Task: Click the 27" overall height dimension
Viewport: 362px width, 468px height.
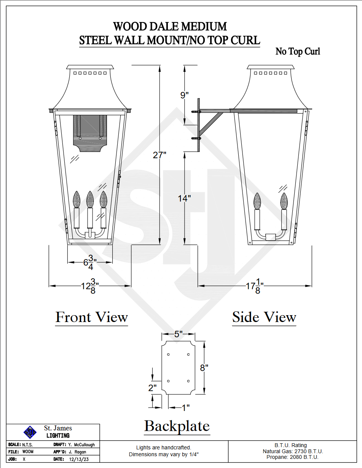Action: [x=160, y=155]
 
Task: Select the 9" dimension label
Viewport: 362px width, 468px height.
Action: [x=184, y=95]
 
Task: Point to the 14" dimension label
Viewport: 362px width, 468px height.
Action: [x=184, y=198]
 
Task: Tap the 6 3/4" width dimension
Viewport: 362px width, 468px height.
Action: [x=90, y=262]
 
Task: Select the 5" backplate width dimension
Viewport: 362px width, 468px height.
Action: [x=178, y=334]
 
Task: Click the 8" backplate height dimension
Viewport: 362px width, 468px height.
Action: [x=204, y=368]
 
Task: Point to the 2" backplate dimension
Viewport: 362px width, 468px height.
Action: [x=152, y=388]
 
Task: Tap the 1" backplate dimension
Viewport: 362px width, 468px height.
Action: [x=185, y=408]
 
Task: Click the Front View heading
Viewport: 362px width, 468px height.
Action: [x=91, y=317]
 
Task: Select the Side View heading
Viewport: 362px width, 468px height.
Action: [x=264, y=317]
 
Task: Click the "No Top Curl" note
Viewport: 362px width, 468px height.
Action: [x=298, y=51]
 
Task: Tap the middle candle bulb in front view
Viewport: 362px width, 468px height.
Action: [x=90, y=199]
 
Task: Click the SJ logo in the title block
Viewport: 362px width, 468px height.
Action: [x=30, y=432]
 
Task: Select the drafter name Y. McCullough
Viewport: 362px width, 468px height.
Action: [x=81, y=444]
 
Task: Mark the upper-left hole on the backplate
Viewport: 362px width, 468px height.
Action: [x=169, y=354]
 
